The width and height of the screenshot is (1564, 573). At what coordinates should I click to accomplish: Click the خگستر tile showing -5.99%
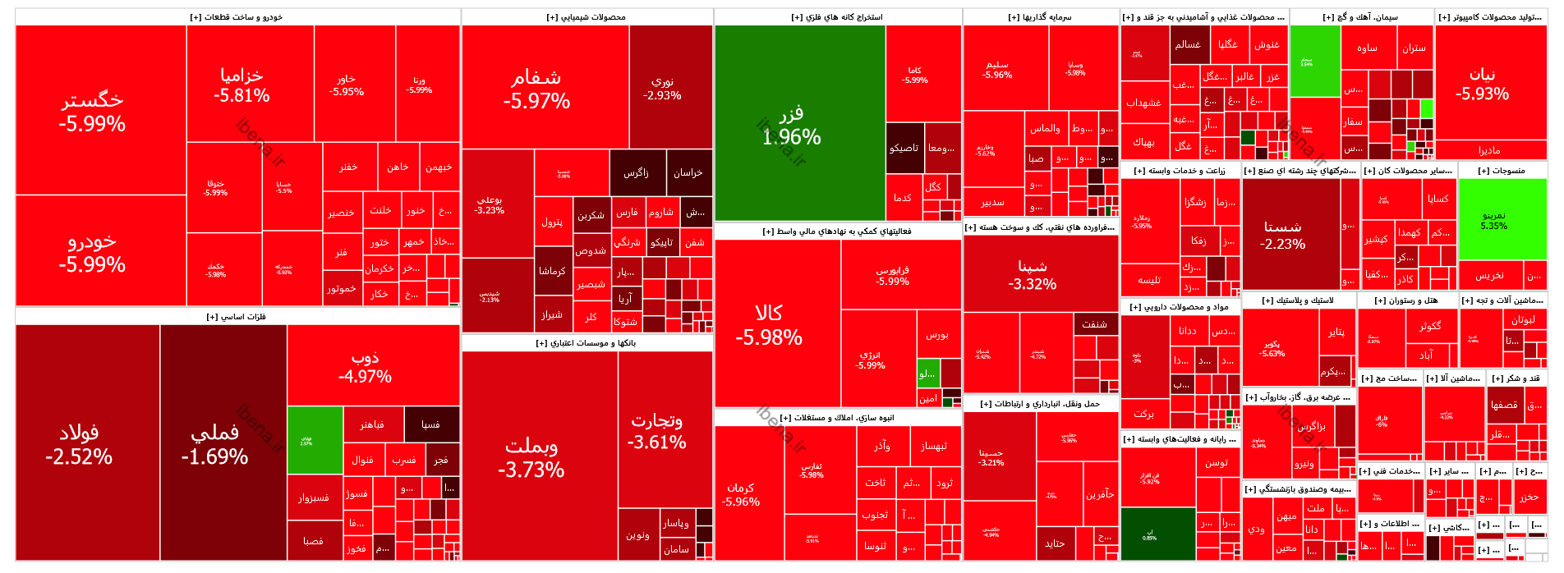click(92, 111)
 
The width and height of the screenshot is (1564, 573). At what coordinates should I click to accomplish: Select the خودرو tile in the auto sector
click(92, 252)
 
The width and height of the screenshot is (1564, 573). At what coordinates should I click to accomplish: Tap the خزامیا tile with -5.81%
click(241, 85)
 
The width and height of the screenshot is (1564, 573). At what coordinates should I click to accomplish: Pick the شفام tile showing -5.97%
click(536, 89)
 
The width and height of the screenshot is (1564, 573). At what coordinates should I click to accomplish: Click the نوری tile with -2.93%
click(662, 88)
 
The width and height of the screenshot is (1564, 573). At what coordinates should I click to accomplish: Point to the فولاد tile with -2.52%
click(79, 443)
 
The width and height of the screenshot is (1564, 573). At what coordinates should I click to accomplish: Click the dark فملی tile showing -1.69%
click(214, 443)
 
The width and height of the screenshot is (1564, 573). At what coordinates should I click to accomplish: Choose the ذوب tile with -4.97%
click(365, 366)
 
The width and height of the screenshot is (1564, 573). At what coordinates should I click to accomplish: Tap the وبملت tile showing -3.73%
click(531, 457)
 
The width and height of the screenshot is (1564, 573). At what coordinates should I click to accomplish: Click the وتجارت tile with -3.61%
click(656, 431)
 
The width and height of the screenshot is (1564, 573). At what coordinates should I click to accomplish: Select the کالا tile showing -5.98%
click(769, 324)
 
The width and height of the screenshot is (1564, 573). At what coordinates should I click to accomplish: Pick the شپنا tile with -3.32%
click(1033, 274)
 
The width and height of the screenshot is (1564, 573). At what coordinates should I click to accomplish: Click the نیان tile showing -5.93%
click(1482, 84)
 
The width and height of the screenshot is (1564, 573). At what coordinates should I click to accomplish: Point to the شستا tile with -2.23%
click(1282, 235)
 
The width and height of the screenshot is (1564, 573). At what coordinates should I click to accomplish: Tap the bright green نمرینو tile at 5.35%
click(1493, 220)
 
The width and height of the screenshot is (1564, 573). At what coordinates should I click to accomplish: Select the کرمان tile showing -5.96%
click(740, 494)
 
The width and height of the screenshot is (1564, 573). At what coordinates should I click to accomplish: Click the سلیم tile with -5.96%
click(997, 69)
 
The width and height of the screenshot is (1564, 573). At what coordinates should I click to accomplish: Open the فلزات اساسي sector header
click(236, 317)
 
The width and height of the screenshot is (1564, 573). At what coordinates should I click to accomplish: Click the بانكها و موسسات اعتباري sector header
click(586, 343)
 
